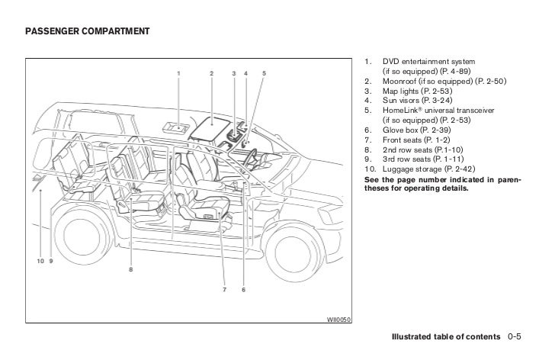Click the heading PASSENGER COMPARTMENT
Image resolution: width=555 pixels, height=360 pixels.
(x=76, y=31)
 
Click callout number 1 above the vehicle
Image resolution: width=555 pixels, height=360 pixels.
(x=178, y=73)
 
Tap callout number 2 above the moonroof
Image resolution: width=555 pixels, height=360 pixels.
(x=211, y=73)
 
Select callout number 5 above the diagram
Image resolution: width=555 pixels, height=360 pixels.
(x=264, y=73)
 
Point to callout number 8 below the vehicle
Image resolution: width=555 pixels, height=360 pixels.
(x=131, y=268)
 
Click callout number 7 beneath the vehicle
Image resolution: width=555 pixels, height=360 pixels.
(x=224, y=289)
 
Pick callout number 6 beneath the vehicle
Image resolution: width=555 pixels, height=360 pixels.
(x=242, y=289)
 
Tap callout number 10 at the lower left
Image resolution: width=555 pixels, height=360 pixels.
(x=40, y=261)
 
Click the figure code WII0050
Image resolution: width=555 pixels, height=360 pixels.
(x=338, y=320)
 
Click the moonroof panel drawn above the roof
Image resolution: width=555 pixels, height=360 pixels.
(x=207, y=125)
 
